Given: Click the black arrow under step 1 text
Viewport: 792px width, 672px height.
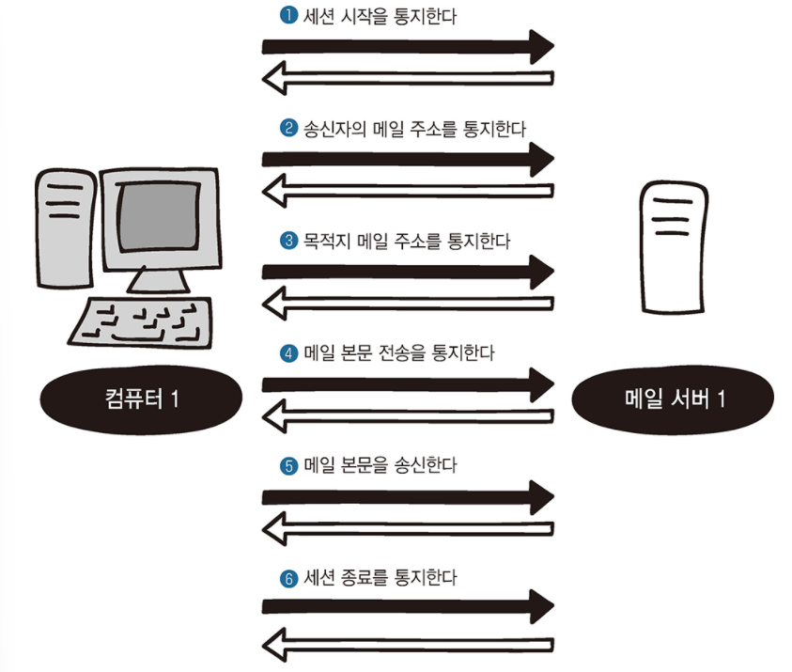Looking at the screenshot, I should (408, 45).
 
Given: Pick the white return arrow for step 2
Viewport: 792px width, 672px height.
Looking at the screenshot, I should (408, 192).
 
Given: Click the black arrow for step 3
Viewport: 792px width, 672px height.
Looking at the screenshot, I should (408, 272).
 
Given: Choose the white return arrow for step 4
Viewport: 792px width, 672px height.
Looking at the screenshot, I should (408, 415).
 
